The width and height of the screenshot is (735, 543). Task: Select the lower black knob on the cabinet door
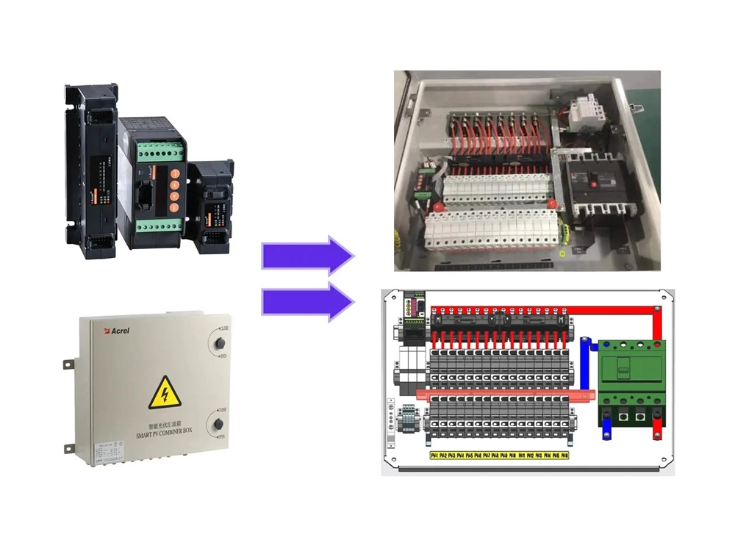218,424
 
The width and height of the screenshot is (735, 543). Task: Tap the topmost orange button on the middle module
175,173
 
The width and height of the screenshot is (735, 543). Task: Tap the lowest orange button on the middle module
175,208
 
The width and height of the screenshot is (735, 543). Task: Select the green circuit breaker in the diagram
630,372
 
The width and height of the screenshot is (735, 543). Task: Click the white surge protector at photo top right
588,114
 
